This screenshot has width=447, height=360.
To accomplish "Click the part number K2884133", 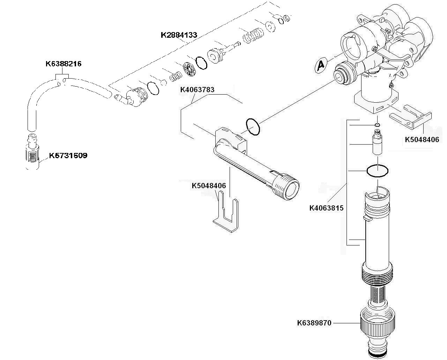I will click(x=179, y=35).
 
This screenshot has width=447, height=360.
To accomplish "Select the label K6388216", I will click(x=64, y=64).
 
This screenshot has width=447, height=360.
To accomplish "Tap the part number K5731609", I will click(x=68, y=155).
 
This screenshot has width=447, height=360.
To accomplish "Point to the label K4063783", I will click(x=197, y=90).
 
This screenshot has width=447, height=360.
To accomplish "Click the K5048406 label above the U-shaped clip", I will click(x=209, y=185).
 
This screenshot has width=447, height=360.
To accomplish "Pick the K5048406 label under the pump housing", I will click(x=422, y=139).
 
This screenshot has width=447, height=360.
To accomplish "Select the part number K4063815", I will click(x=326, y=208).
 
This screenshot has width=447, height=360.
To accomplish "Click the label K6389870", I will click(x=314, y=323).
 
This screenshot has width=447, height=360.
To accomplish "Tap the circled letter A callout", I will click(x=321, y=65).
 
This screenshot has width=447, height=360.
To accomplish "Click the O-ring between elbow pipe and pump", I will click(x=253, y=127).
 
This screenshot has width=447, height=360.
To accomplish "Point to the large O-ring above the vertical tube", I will click(x=377, y=171).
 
